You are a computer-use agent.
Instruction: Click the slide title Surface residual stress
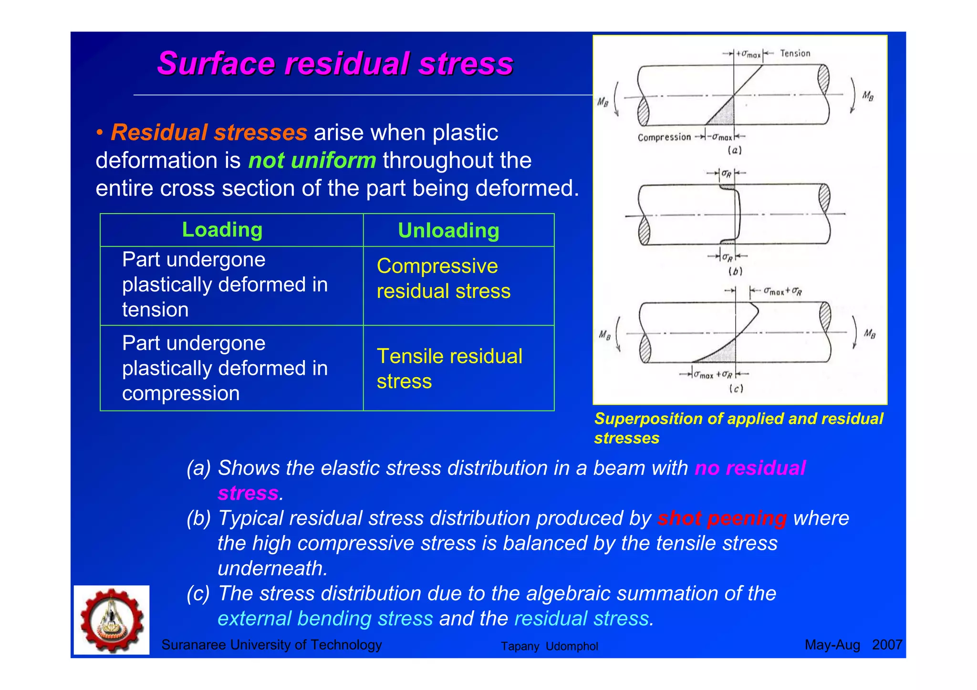click(335, 63)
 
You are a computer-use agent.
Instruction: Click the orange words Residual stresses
click(209, 133)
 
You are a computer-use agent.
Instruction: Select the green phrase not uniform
click(312, 160)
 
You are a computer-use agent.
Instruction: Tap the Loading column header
click(222, 230)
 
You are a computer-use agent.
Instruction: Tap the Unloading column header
click(448, 231)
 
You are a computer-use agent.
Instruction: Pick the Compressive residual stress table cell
click(443, 278)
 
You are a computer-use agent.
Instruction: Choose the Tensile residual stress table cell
click(449, 369)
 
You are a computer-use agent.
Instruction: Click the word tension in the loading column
click(156, 310)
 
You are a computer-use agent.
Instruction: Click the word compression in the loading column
click(181, 393)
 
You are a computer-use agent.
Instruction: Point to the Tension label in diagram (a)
click(795, 53)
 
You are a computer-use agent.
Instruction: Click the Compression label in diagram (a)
click(664, 137)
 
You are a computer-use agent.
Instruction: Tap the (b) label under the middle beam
click(735, 271)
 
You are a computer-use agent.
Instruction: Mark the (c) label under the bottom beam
click(736, 389)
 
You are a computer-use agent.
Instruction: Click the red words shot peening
click(722, 518)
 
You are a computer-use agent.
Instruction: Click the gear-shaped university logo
click(112, 620)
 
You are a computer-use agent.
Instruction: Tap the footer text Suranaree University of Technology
click(271, 645)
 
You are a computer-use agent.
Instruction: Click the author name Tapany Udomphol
click(549, 646)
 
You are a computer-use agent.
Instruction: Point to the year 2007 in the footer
click(886, 645)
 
